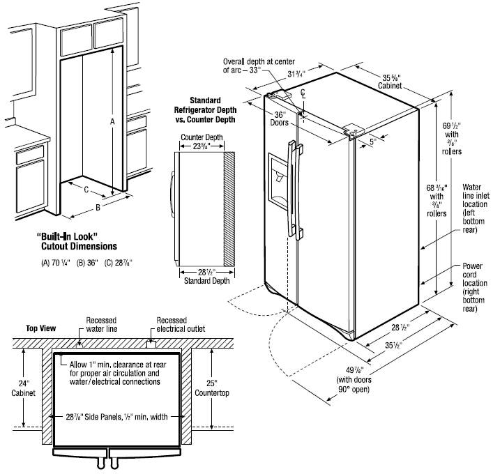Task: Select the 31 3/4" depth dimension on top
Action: coord(296,74)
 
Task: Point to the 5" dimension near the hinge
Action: coord(372,142)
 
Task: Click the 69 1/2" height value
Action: coord(452,125)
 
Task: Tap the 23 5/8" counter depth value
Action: coord(202,146)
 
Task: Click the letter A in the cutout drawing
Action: coord(112,121)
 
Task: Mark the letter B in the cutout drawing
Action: coord(98,208)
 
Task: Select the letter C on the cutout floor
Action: coord(86,190)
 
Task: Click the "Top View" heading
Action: coord(41,328)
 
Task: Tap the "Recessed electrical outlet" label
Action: coord(181,325)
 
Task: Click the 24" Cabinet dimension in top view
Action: coord(23,388)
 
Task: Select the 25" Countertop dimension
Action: coord(212,388)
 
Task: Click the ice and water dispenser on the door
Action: coord(278,181)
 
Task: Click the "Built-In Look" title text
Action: coord(67,236)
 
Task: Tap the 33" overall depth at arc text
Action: coord(259,66)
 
